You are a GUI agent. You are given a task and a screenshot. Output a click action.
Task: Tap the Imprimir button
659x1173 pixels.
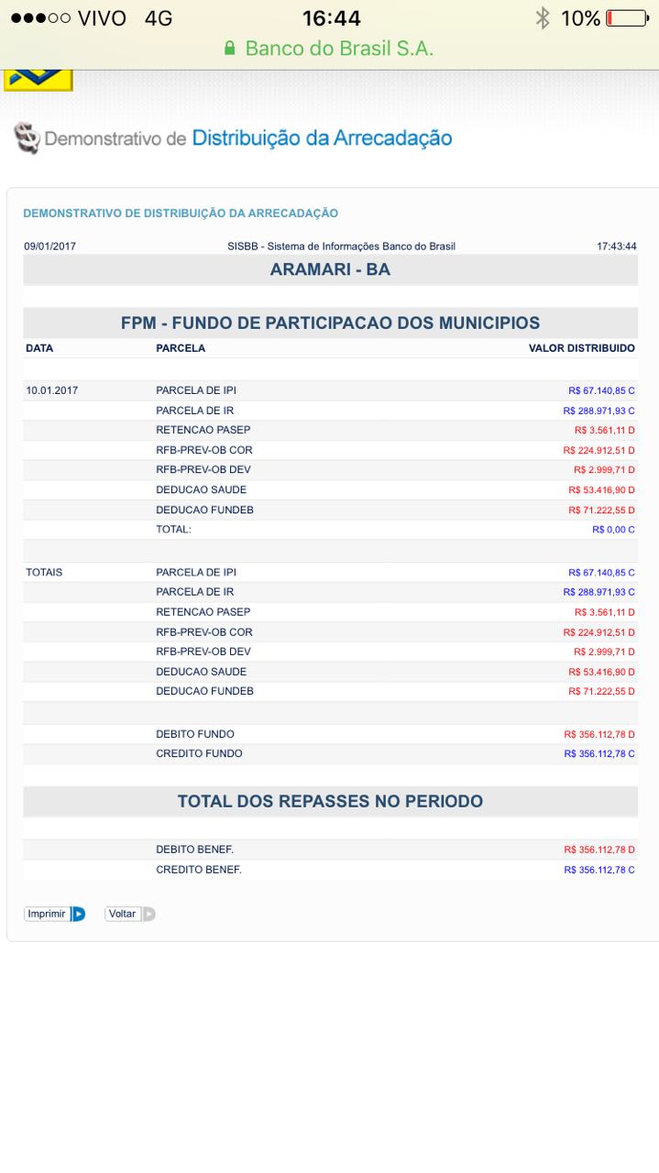(x=54, y=914)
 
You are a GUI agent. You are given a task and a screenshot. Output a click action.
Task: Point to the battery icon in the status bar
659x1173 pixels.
(x=627, y=18)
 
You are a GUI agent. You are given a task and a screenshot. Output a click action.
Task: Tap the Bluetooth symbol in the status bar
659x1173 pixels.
(x=543, y=18)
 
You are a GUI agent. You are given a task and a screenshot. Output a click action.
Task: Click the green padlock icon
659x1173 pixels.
(x=230, y=49)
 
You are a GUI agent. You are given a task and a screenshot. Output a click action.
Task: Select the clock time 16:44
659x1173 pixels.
(x=332, y=18)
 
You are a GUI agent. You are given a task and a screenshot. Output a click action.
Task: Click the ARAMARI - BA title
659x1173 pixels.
(x=330, y=269)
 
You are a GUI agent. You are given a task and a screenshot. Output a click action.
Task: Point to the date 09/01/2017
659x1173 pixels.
(x=50, y=247)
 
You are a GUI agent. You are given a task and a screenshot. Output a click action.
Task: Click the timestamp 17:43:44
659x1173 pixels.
(x=616, y=247)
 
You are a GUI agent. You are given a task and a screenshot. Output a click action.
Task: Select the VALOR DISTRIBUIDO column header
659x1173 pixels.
(x=581, y=348)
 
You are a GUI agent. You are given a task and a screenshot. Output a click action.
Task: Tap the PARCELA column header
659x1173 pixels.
(x=181, y=348)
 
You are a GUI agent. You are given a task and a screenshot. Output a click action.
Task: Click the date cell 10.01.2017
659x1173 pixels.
(x=52, y=390)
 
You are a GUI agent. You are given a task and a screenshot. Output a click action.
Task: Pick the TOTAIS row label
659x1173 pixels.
(x=44, y=572)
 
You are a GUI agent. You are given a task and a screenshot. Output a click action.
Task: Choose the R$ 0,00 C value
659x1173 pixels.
(x=612, y=530)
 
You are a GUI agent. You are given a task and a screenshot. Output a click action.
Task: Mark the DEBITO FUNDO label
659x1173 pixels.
(x=194, y=734)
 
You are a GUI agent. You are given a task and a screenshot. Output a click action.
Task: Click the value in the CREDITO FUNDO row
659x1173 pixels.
(x=599, y=754)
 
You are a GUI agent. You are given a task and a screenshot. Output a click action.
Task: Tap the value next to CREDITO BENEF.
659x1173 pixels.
(x=599, y=870)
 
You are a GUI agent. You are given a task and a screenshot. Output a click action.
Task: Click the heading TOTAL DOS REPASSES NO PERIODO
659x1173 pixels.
(x=330, y=801)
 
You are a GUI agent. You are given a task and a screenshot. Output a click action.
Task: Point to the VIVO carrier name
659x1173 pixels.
(x=102, y=18)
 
